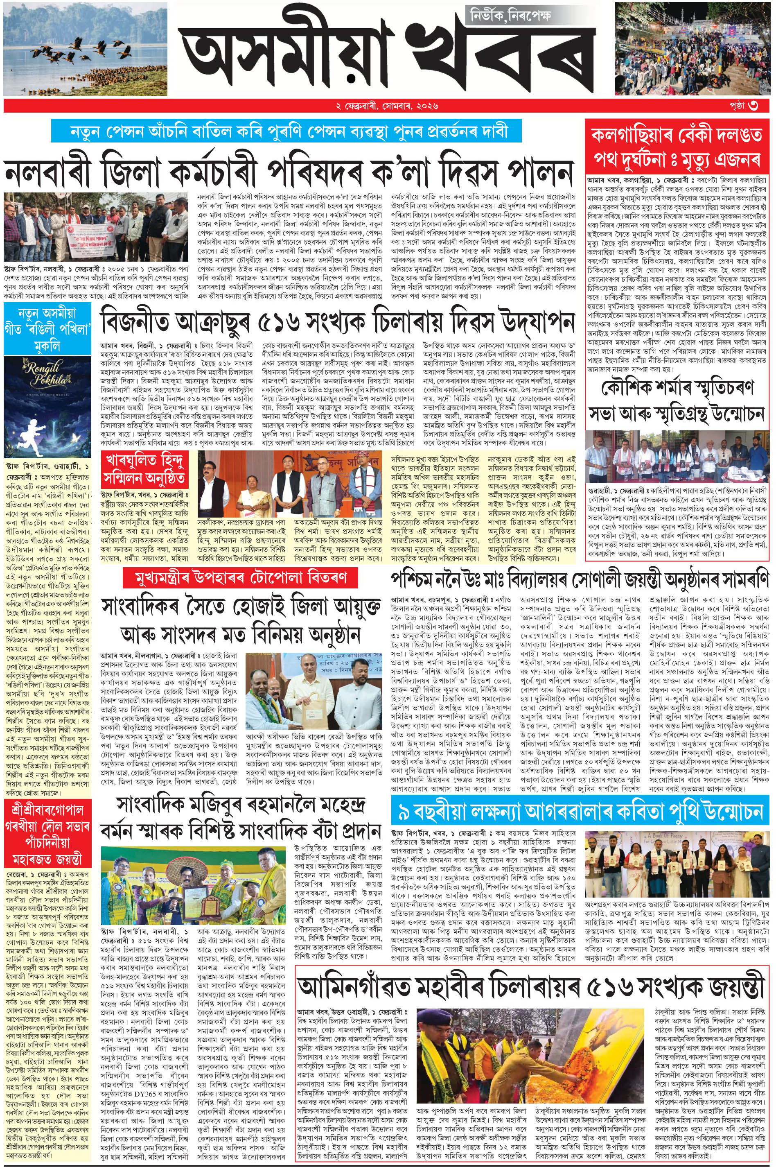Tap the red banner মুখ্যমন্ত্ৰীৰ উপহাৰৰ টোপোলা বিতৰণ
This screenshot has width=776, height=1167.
(x=241, y=577)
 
